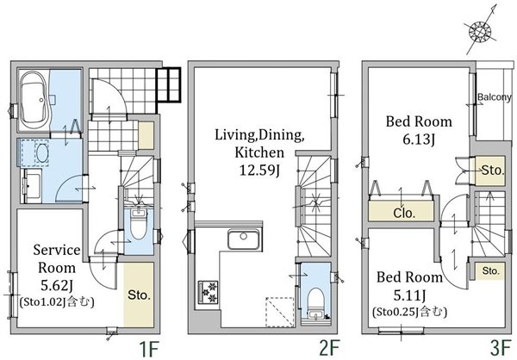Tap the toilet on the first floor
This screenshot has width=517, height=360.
pos(139,225)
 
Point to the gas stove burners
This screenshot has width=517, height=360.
pos(208,291)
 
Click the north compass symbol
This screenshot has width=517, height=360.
pos(480,31)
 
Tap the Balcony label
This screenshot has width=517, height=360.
pos(495,97)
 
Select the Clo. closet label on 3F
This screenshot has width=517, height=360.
pos(404,214)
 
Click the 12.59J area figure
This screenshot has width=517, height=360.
pos(259,171)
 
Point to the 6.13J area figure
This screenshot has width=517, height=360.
pos(419,140)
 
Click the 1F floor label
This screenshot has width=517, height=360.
pos(149,350)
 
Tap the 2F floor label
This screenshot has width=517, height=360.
pos(329,350)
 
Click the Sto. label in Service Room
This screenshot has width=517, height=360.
pos(139,295)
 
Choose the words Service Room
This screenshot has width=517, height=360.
pos(57,258)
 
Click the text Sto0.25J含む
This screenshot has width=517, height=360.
pos(409,312)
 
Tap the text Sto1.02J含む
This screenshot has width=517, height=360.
pos(57,302)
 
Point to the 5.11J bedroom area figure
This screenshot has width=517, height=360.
pos(409,295)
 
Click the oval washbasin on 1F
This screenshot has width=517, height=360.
pos(42,153)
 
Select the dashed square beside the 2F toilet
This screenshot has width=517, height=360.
pos(280,312)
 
